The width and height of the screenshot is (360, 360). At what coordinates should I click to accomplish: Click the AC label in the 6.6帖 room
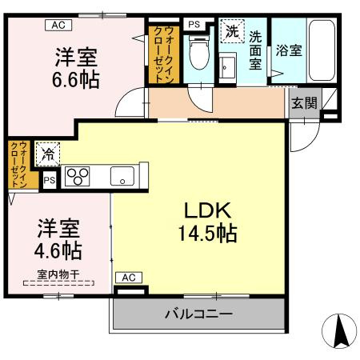57,25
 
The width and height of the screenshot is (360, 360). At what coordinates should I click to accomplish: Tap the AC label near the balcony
129,277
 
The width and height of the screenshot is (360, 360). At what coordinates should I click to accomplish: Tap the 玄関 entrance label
302,103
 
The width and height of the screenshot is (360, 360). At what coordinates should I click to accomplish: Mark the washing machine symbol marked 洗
231,33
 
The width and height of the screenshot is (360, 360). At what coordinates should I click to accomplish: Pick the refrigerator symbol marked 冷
49,150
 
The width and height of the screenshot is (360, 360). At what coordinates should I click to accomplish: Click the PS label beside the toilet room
194,24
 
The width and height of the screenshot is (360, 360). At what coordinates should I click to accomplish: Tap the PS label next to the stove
50,181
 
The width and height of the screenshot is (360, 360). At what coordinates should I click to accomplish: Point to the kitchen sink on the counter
122,175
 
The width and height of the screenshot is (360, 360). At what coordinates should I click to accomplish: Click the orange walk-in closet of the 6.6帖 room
162,55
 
